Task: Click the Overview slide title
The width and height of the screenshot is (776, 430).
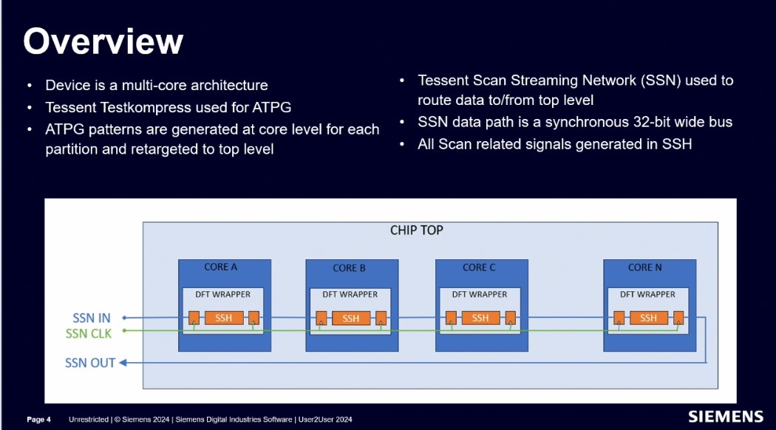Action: [x=103, y=41]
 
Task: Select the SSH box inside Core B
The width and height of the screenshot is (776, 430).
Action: [x=350, y=318]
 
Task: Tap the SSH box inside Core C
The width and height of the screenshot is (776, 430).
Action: [x=480, y=318]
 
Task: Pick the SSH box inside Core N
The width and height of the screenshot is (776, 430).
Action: [x=648, y=318]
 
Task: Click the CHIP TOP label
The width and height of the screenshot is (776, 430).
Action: [x=416, y=231]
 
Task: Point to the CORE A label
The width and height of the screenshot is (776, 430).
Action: [x=220, y=267]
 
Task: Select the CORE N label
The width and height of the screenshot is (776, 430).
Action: [x=644, y=267]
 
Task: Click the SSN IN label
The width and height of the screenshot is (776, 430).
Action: [x=92, y=318]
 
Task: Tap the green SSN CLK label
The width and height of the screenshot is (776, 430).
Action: [x=88, y=334]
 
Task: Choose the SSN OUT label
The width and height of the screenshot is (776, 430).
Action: [x=90, y=363]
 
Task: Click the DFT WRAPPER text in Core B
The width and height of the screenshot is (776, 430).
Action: [x=350, y=294]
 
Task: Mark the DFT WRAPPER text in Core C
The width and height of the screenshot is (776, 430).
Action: [x=479, y=294]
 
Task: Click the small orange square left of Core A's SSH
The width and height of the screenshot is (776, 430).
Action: [x=193, y=318]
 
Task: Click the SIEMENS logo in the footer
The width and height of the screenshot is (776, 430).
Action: [x=725, y=417]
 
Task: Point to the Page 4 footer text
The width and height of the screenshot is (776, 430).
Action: [x=38, y=420]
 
